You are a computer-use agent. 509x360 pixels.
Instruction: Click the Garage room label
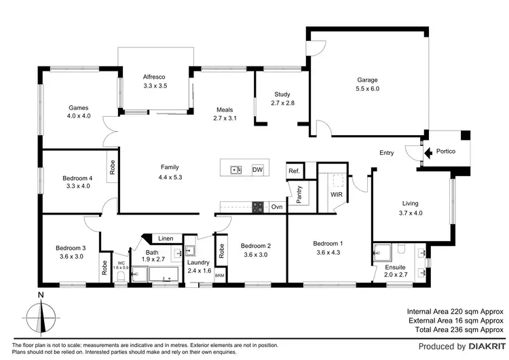pos(367,80)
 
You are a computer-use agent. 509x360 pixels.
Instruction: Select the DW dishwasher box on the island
pos(257,170)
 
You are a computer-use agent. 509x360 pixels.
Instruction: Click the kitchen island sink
pos(235,170)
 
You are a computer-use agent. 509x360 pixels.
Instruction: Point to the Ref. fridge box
pos(293,171)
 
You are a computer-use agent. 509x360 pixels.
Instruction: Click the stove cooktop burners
pos(258,206)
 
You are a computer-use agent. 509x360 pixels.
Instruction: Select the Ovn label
pos(276,206)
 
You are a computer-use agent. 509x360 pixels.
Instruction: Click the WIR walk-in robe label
pos(337,195)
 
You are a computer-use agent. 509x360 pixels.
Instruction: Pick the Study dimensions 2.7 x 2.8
pos(282,103)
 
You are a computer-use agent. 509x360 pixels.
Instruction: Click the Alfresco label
pos(155,77)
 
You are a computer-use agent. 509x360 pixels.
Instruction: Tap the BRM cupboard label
pos(219,276)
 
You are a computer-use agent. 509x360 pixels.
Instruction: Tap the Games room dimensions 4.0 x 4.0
pos(79,116)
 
